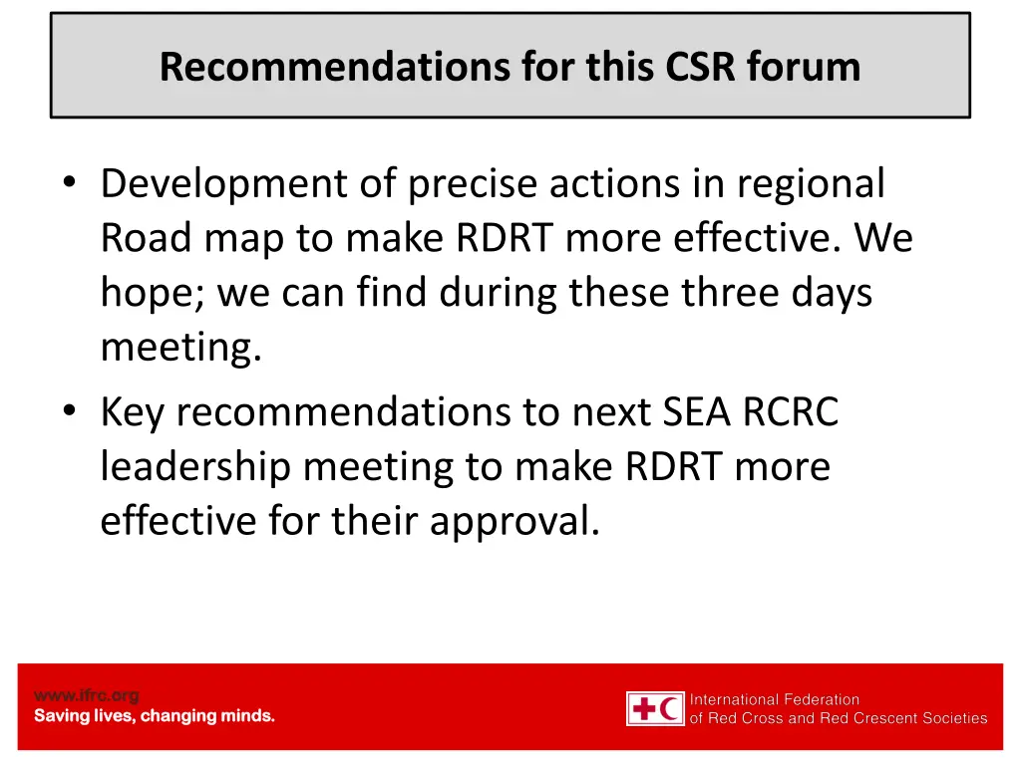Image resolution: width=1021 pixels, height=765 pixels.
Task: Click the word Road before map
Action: coord(148,239)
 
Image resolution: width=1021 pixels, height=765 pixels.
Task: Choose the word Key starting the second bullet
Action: coord(134,411)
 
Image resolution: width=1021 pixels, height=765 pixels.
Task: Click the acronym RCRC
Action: coord(791,411)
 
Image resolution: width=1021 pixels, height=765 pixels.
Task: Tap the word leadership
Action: coord(195,466)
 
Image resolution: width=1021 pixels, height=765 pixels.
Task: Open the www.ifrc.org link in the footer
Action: coord(87,695)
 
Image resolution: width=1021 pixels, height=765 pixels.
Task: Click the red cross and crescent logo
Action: coord(655,708)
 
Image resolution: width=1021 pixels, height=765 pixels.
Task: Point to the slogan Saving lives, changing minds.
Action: coord(155,716)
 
